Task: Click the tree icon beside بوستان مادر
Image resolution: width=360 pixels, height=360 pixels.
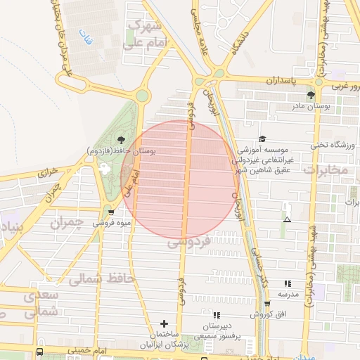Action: [311, 95]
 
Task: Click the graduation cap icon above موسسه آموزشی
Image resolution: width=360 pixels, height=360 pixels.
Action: [262, 139]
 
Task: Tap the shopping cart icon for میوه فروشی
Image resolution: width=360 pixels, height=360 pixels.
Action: [111, 212]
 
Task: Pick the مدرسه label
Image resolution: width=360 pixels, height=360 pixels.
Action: [288, 293]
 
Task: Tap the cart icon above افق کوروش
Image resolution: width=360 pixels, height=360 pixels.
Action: [266, 304]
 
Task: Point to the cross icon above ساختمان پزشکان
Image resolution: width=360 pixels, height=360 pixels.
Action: [165, 323]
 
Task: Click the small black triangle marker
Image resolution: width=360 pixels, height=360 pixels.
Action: [287, 220]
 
